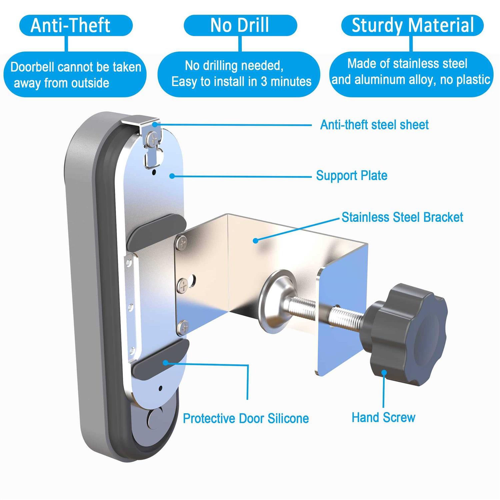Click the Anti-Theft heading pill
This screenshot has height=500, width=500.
pos(76,25)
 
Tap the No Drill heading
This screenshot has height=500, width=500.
pos(240,25)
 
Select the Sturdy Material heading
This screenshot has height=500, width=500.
pos(412,25)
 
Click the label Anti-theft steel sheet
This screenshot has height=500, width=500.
pos(374,125)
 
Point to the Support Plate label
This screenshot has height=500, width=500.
pos(352,175)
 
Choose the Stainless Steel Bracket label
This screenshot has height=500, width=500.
pos(402,217)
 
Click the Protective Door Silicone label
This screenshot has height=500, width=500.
pos(246,418)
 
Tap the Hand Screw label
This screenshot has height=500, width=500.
pos(383,417)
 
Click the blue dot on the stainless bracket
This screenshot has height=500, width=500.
pos(255,240)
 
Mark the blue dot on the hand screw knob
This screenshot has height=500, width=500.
pos(384,373)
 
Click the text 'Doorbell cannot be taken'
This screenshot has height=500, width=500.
pos(76,67)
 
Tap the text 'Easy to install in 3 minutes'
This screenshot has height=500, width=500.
pos(241,81)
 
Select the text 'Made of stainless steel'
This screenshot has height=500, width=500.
pos(407,63)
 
